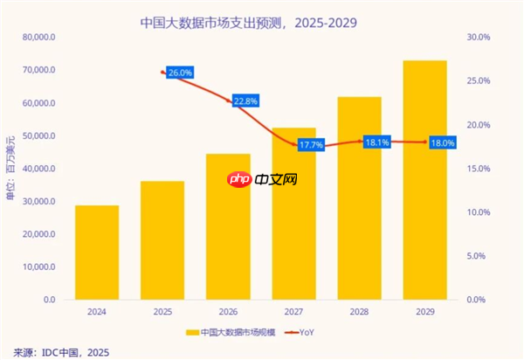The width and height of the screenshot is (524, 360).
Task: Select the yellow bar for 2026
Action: [228, 227]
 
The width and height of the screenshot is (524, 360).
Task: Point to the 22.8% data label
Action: [245, 101]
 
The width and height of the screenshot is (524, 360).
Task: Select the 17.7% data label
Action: [311, 145]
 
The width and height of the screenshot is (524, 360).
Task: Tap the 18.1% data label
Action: [376, 142]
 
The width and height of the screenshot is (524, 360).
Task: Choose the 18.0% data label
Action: [442, 142]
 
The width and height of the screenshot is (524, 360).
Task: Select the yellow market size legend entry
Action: [231, 332]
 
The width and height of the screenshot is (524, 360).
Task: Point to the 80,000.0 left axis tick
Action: [40, 38]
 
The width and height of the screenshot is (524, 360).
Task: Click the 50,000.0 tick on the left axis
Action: [40, 136]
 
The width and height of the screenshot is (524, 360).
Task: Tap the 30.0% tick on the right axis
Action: [479, 38]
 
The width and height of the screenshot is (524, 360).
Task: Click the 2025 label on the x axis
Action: [162, 310]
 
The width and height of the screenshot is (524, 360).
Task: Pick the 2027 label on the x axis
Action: [293, 310]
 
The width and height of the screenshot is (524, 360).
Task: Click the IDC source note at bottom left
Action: [57, 351]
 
